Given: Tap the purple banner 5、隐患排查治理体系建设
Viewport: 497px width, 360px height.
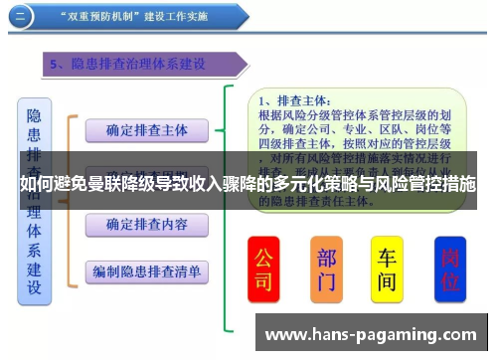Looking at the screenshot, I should click(129, 64).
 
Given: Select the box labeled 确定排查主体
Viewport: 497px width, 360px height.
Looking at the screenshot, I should click(145, 130).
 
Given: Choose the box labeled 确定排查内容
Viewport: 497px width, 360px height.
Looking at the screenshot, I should click(145, 225).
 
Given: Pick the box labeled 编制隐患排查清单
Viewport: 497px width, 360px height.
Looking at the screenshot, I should click(145, 270).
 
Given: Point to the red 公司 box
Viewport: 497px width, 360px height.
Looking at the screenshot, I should click(263, 269).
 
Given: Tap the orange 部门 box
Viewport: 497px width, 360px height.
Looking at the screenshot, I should click(326, 269).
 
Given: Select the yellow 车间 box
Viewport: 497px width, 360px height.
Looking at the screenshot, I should click(388, 269).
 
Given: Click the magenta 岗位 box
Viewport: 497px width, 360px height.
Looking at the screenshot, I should click(449, 269).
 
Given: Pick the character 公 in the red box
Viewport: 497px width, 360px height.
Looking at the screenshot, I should click(263, 256).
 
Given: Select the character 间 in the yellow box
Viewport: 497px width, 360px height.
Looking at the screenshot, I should click(388, 282).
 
